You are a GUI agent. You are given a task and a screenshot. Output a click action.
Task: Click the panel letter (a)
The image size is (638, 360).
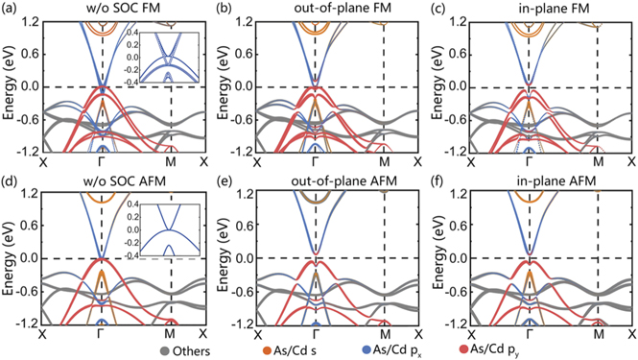pos(12,10)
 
